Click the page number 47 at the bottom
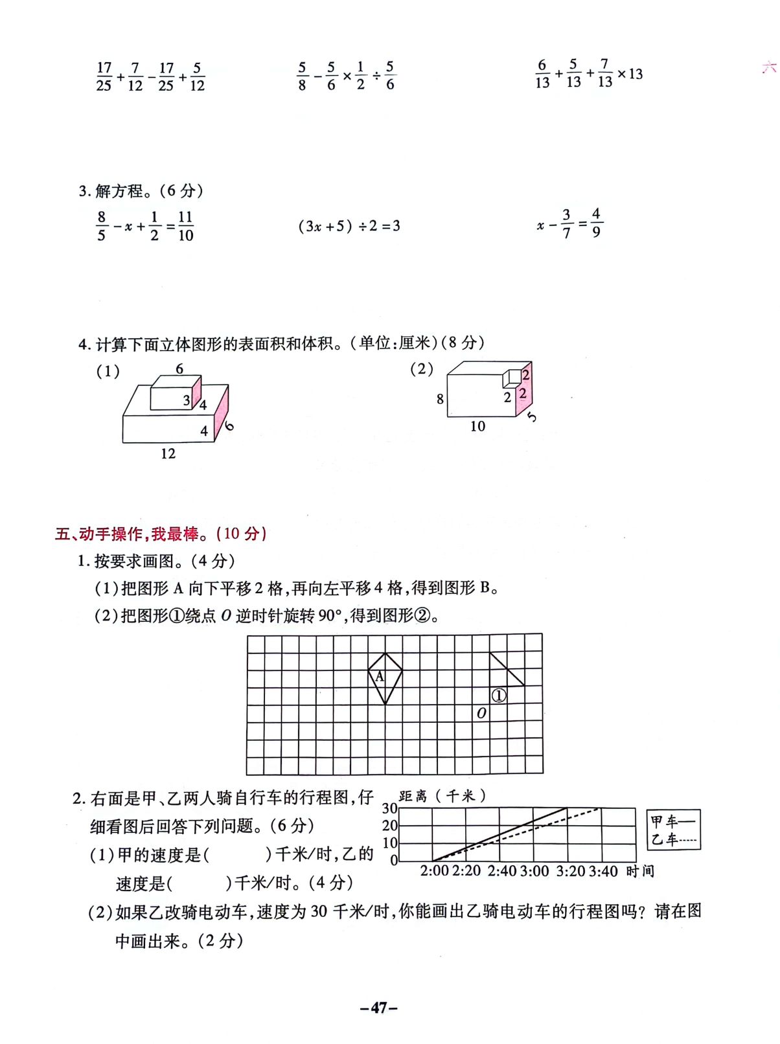(379, 1008)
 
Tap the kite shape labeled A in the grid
(385, 677)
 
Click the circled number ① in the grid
(498, 696)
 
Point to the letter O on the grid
(481, 713)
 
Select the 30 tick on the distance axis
(389, 808)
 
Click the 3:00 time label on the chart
(535, 871)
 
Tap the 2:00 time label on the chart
(434, 871)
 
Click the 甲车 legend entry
(672, 821)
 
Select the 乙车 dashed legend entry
(672, 839)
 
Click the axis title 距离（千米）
(442, 796)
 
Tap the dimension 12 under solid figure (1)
(168, 453)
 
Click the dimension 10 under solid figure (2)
(477, 426)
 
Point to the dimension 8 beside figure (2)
(440, 399)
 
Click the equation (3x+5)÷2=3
(349, 226)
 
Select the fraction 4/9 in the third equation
(596, 222)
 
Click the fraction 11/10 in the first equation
(185, 226)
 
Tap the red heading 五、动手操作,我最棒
(161, 534)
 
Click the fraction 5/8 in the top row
(302, 76)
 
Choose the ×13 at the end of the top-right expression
(630, 74)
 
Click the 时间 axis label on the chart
(640, 871)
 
